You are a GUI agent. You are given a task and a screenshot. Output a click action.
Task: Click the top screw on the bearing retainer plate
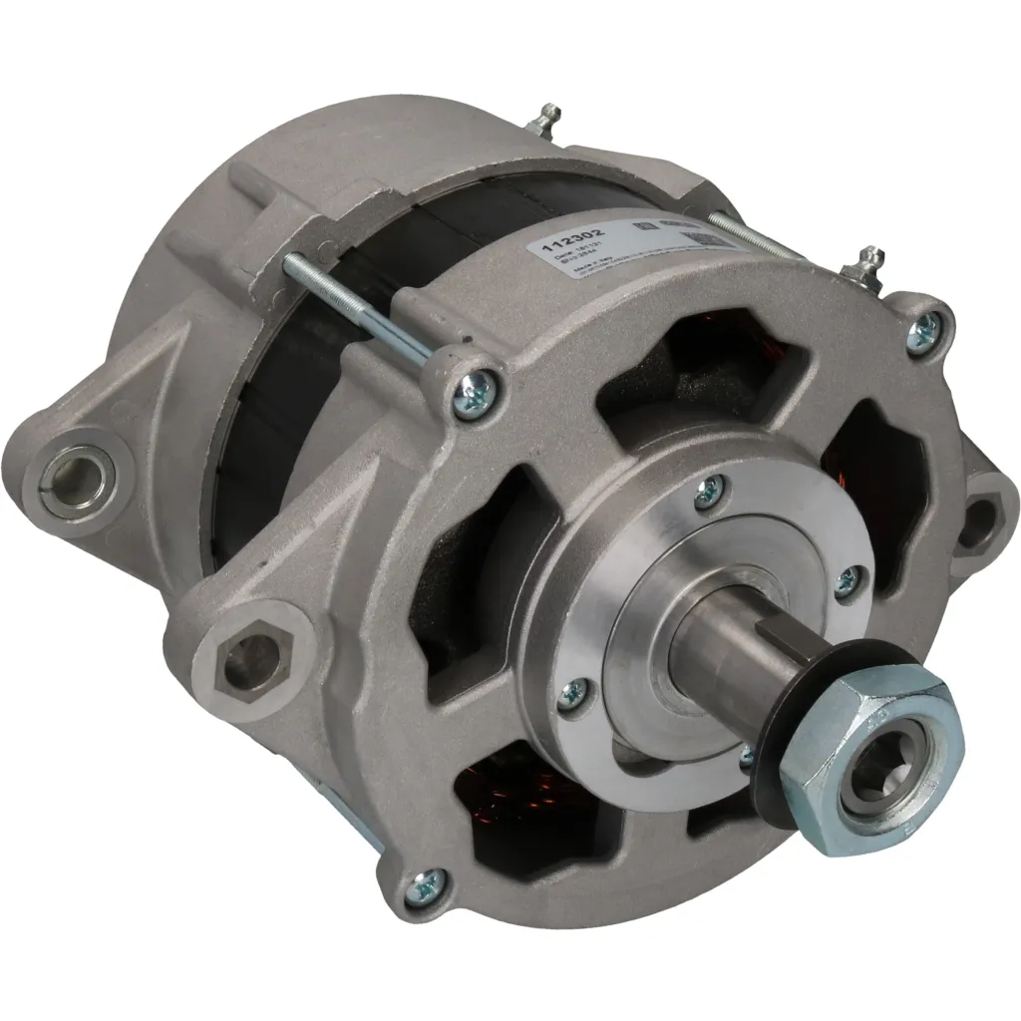pyautogui.click(x=710, y=489)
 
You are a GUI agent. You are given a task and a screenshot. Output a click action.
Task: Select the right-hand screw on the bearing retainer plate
pyautogui.click(x=848, y=582)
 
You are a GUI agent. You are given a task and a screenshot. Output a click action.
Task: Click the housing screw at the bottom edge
pyautogui.click(x=426, y=880)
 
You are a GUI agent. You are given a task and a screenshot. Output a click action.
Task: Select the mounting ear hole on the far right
pyautogui.click(x=982, y=517)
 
